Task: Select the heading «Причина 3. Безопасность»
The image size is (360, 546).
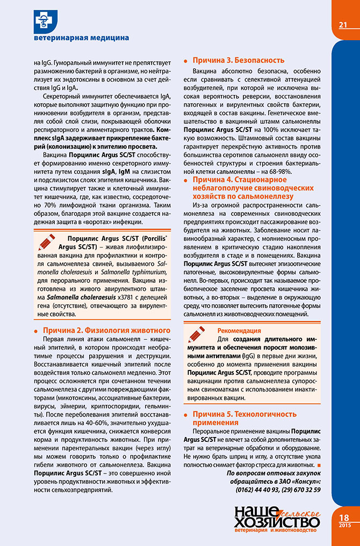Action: [x=239, y=60]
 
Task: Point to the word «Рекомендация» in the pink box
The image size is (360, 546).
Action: [x=239, y=331]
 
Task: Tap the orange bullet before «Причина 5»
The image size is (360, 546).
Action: [x=186, y=414]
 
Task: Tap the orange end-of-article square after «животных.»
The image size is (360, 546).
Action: [x=319, y=464]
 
